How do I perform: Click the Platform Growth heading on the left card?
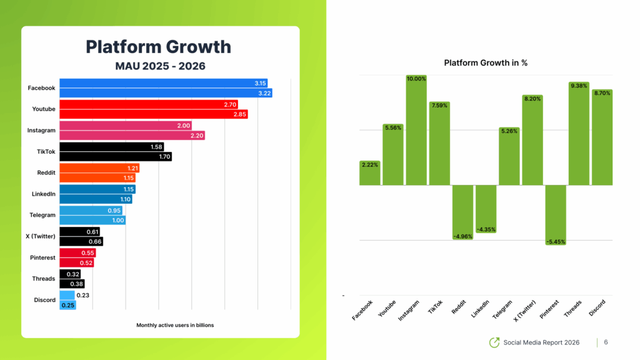point(158,47)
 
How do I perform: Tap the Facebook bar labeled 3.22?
point(166,93)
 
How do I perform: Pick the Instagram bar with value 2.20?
point(132,136)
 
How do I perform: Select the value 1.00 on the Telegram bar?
point(117,220)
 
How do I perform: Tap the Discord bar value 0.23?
point(82,295)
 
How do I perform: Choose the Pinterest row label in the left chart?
point(43,257)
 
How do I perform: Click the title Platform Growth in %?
point(486,63)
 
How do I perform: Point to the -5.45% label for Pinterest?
point(556,241)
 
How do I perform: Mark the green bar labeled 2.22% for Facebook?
point(370,173)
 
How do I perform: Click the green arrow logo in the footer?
point(494,342)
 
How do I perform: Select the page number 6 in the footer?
point(606,342)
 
